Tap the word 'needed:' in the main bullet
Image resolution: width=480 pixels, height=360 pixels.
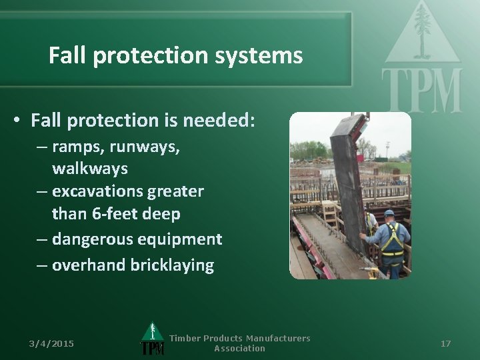pos(218,120)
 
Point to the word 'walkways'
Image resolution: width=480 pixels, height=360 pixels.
pos(89,168)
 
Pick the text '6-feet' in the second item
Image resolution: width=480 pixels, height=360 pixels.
pos(109,213)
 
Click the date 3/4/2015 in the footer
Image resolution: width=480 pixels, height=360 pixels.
pos(51,343)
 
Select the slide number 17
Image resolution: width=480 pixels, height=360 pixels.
pos(446,343)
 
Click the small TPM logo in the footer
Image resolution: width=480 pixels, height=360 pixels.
pos(152,340)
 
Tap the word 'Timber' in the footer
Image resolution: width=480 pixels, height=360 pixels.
pos(185,338)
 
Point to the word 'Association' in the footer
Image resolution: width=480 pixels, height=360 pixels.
pos(239,348)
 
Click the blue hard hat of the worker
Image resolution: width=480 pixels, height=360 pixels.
pos(389,213)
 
